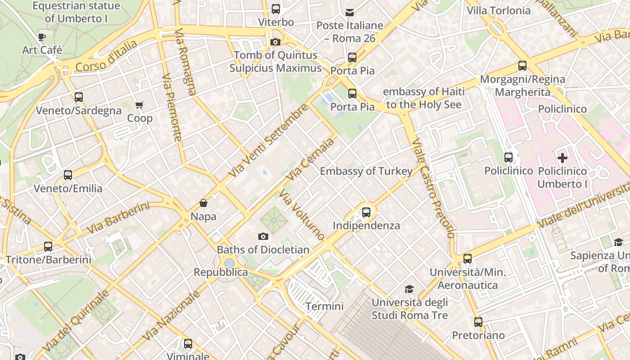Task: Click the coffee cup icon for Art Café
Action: [x=42, y=37]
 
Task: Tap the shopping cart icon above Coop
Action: [x=139, y=105]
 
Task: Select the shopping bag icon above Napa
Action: [x=203, y=203]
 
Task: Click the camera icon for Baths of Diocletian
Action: [x=263, y=236]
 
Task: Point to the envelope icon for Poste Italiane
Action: [x=350, y=12]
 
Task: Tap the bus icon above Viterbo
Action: [x=276, y=9]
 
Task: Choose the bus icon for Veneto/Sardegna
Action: [x=79, y=97]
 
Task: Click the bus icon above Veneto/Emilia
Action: [x=68, y=175]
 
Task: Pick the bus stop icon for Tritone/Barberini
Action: [x=48, y=246]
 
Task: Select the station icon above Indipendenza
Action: [x=366, y=212]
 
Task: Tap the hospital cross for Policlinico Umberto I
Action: [x=562, y=158]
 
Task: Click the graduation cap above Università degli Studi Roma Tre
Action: [x=409, y=289]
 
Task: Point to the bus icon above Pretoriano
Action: [x=478, y=322]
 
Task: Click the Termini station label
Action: [x=324, y=306]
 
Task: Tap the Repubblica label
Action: [x=220, y=272]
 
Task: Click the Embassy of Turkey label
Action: [x=366, y=171]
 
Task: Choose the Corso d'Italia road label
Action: [x=106, y=56]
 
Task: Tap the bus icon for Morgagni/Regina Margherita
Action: [x=522, y=66]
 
